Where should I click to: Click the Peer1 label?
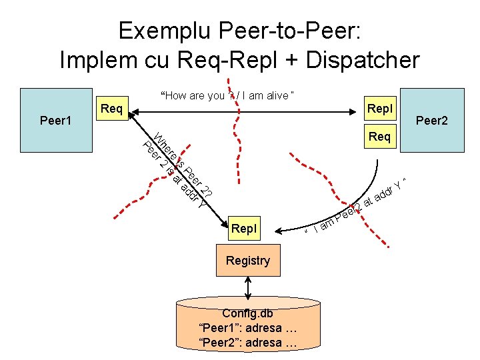[x=55, y=121]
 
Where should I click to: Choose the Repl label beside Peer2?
[x=380, y=108]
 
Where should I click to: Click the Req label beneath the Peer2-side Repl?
[x=380, y=137]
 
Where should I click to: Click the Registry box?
[x=247, y=261]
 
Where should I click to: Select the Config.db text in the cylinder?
[x=247, y=313]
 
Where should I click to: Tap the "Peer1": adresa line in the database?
[x=247, y=328]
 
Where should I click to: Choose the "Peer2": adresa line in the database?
[x=247, y=343]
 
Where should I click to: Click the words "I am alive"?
[x=267, y=95]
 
